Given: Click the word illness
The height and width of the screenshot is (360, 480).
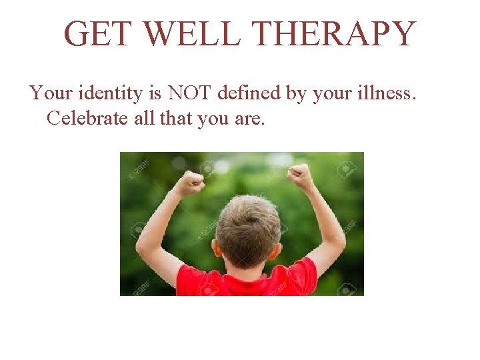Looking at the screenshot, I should (x=382, y=93).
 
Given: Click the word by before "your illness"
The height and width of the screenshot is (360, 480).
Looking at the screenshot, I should (x=295, y=94).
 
